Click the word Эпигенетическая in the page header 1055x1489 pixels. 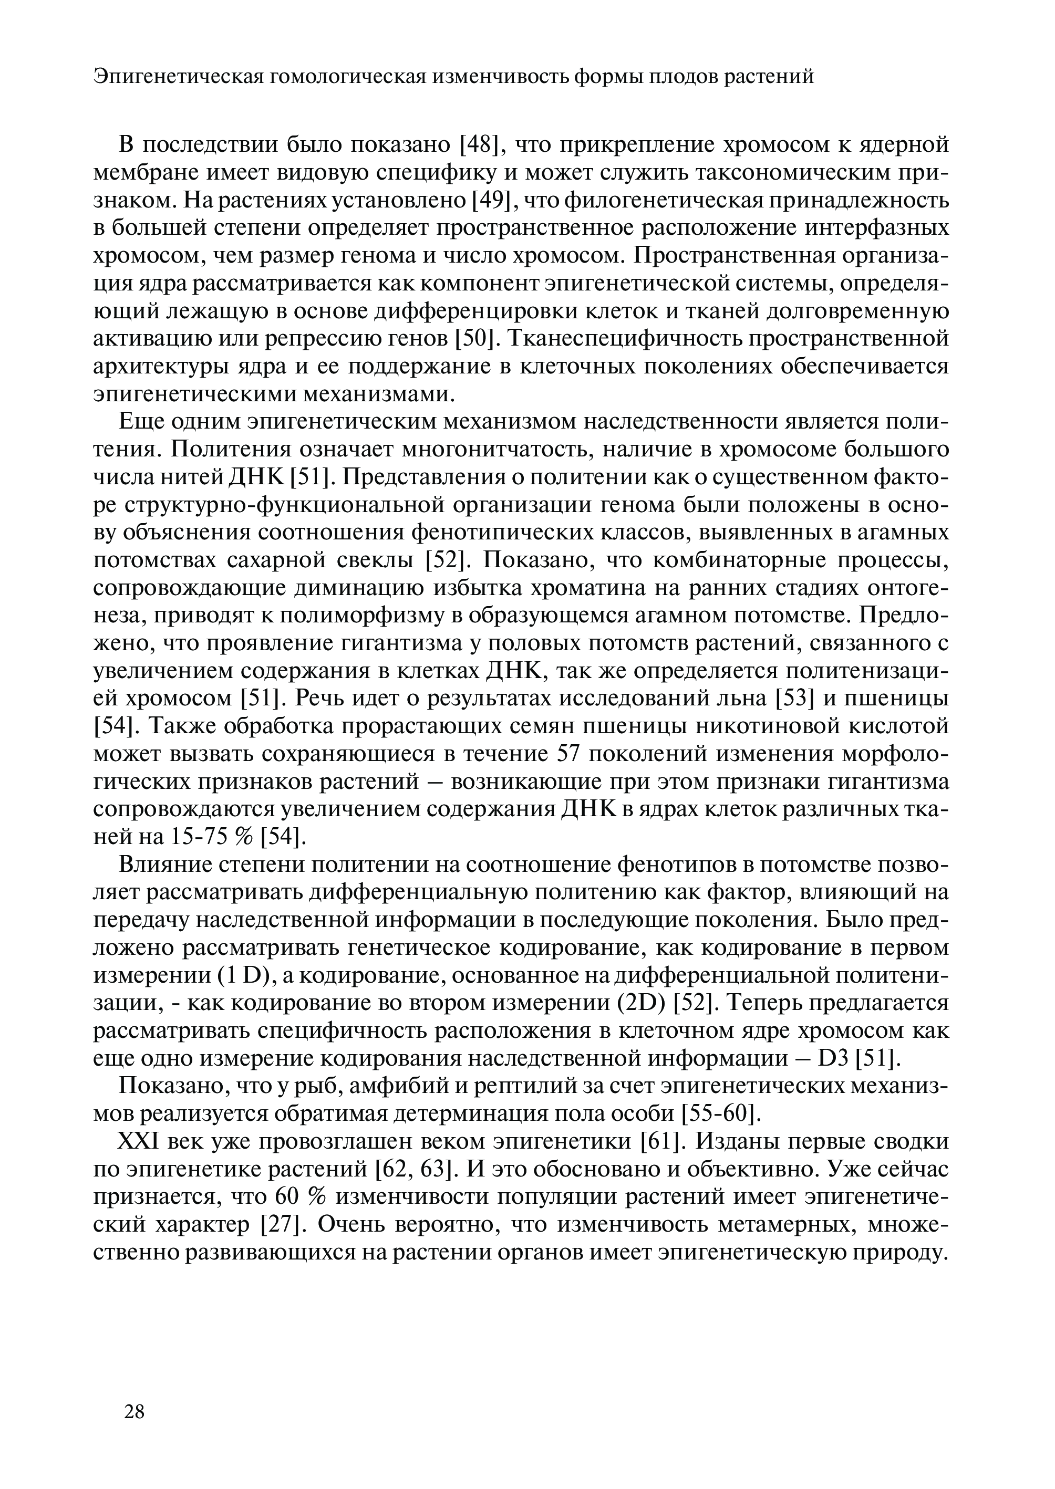pyautogui.click(x=177, y=77)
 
